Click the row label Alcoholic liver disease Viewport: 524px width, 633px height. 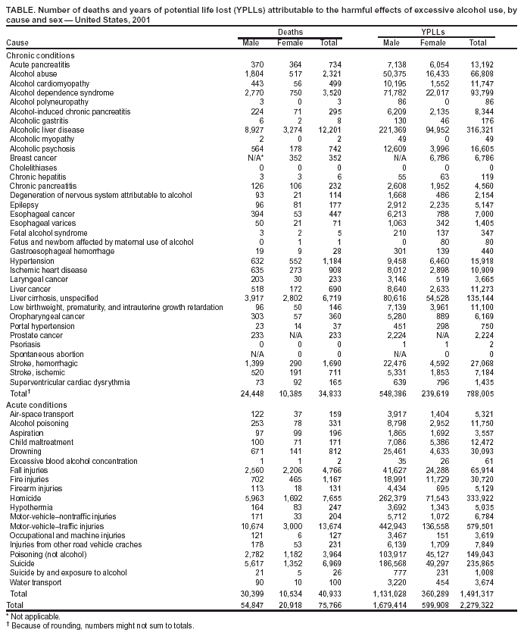point(46,129)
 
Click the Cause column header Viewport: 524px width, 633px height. point(17,42)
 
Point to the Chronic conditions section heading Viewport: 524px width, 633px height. point(40,56)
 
